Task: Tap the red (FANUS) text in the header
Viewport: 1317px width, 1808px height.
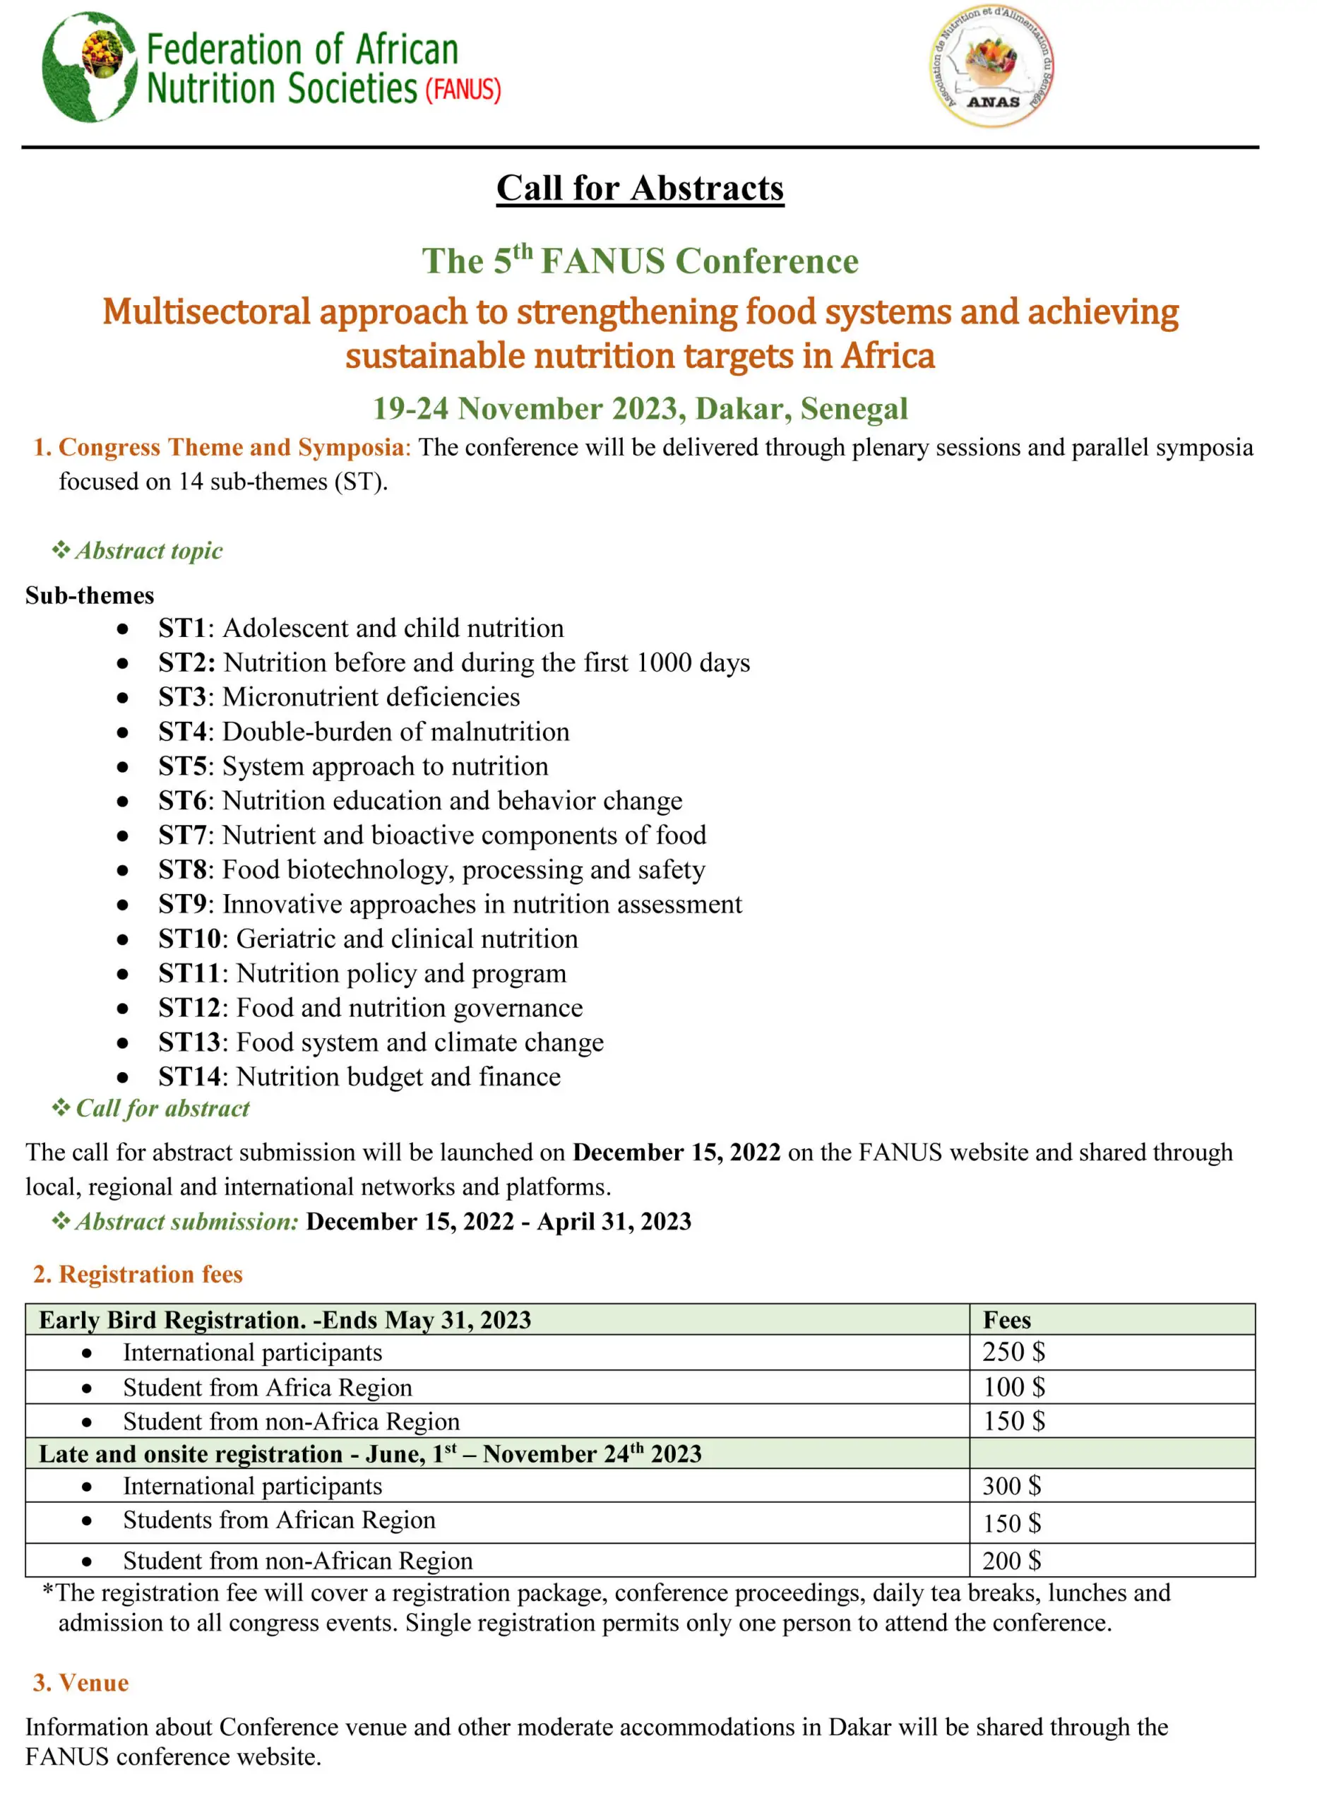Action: (x=463, y=89)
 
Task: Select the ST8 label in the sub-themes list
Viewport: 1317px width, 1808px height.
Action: (x=181, y=869)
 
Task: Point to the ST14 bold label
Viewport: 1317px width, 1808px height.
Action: (x=189, y=1077)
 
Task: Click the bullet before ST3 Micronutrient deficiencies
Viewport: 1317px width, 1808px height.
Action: (x=122, y=698)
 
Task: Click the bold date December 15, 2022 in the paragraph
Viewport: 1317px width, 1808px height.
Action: (x=676, y=1153)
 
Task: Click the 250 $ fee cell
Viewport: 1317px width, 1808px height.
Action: (x=1013, y=1352)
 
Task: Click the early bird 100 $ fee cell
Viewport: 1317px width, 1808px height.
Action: (x=1013, y=1387)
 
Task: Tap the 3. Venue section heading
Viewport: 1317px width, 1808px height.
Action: (x=81, y=1683)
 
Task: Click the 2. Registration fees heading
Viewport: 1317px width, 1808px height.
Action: (x=138, y=1274)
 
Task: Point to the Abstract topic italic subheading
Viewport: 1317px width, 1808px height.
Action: (x=148, y=551)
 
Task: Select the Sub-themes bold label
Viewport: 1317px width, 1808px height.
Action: (x=89, y=595)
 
